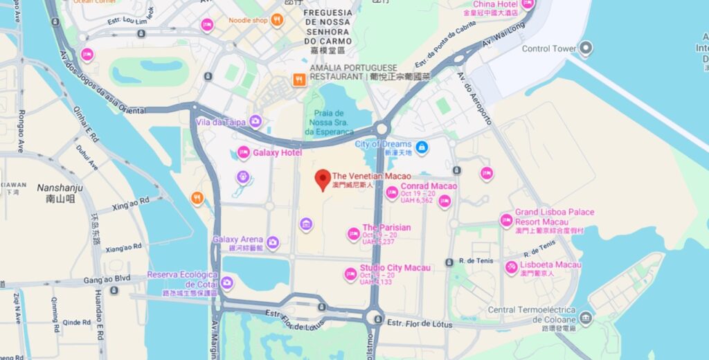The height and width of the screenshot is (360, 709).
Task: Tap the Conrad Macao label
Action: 429,186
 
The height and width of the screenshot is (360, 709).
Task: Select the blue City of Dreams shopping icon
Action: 420,147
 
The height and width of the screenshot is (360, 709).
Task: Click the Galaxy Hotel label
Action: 277,152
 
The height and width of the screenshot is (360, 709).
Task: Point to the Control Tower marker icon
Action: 586,48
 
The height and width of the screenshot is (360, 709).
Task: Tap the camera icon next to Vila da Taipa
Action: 255,122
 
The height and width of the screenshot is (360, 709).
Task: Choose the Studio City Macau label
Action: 395,268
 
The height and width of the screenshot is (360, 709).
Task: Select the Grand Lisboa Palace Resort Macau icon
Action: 506,221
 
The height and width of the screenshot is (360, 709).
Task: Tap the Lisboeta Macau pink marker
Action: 511,267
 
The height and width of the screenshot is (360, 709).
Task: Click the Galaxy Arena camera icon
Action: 273,242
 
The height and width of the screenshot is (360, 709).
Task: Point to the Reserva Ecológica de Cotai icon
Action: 227,282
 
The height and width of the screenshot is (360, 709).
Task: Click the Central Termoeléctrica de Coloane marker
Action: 586,318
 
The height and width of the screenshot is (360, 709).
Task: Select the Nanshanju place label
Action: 60,188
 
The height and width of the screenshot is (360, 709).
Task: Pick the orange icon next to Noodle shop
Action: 277,20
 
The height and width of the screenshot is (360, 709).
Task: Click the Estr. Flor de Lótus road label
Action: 420,323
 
